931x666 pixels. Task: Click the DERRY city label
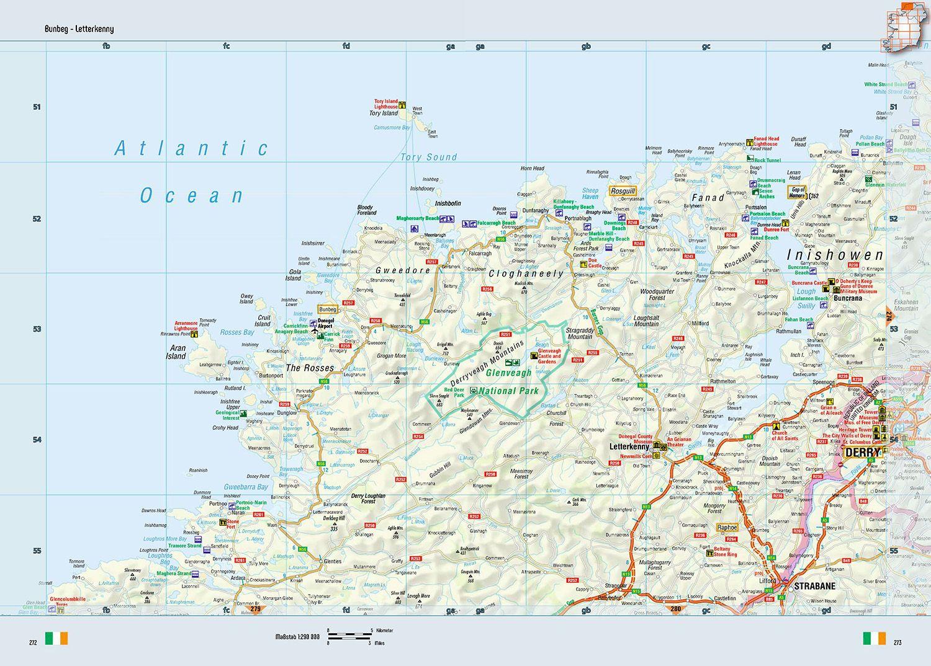pos(863,453)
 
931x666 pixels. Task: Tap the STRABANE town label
pos(814,586)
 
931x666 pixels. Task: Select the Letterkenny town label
pos(629,446)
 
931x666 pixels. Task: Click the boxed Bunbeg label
pos(327,309)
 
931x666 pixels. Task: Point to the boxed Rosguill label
pos(623,191)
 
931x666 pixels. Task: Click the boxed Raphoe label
pos(727,528)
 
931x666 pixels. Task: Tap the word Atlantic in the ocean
pos(192,148)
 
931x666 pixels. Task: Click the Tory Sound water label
pos(428,158)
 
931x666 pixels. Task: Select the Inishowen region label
pos(834,255)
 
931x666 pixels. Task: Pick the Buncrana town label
pos(848,298)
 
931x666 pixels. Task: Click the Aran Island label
pos(176,352)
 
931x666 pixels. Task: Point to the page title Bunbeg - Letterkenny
pos(79,29)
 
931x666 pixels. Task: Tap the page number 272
pos(33,642)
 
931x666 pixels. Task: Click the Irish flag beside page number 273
pos(874,638)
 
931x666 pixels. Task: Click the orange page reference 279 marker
pos(255,610)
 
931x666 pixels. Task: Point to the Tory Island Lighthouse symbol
pos(403,105)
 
